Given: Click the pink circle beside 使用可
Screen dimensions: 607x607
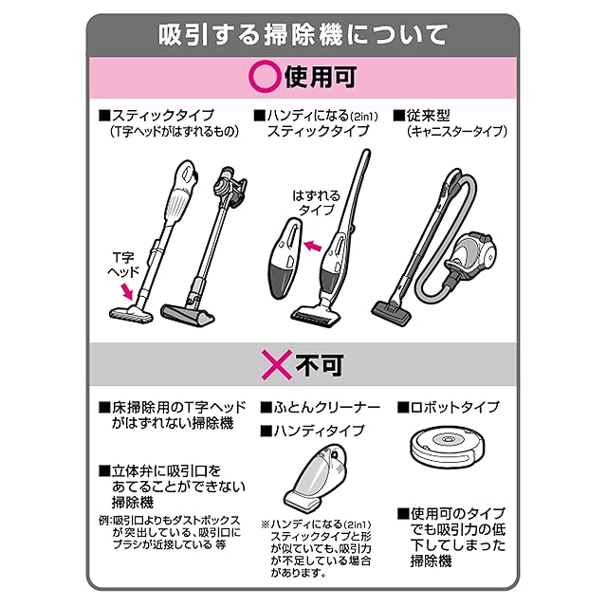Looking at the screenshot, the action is [x=265, y=77].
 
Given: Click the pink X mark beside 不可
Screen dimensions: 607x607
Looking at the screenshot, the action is [x=276, y=364].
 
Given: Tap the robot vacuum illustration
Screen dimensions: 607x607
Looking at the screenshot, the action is [x=448, y=445].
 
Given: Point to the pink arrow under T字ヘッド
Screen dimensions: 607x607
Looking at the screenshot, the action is [x=126, y=291].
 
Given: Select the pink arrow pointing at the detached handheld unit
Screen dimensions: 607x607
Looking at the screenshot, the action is [x=313, y=245].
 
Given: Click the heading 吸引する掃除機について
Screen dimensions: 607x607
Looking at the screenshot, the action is [x=303, y=36].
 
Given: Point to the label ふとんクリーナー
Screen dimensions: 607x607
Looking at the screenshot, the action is [x=327, y=407].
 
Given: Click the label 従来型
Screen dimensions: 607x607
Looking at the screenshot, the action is [x=428, y=116].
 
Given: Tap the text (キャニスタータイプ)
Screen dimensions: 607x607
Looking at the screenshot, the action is [x=457, y=132].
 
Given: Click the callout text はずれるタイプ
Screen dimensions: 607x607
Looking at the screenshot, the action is [x=316, y=203].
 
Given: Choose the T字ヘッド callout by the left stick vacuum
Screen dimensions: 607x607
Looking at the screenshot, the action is [x=123, y=265].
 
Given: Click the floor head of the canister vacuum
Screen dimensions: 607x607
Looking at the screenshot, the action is [x=391, y=312].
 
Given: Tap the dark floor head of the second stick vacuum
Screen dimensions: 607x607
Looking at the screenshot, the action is [x=188, y=315].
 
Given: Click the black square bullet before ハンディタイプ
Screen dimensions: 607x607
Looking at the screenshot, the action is [x=267, y=431].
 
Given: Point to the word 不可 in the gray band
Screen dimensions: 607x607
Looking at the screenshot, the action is [x=320, y=364].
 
